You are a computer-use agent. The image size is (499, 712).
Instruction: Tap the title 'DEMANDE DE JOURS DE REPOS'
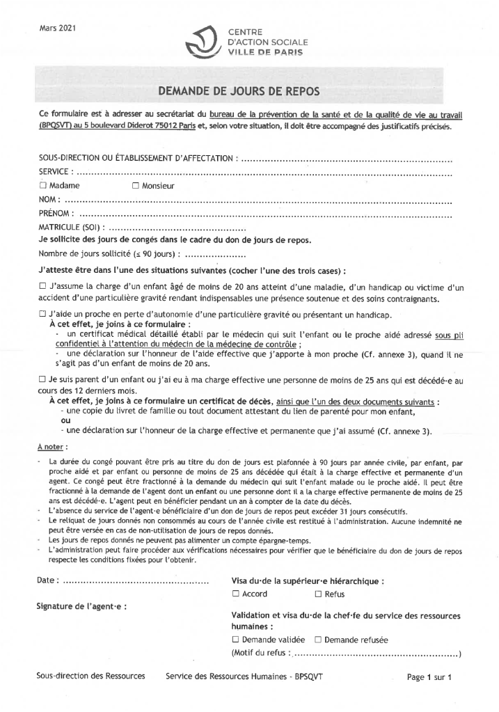pyautogui.click(x=249, y=90)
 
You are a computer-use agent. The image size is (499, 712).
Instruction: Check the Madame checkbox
pyautogui.click(x=43, y=186)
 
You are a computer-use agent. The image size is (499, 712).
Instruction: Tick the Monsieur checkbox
pyautogui.click(x=136, y=186)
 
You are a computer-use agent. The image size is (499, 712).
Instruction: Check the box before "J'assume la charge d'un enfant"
pyautogui.click(x=43, y=286)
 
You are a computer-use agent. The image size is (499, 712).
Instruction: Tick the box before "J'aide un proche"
pyautogui.click(x=43, y=315)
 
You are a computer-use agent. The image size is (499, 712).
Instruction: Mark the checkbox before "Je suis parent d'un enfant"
pyautogui.click(x=43, y=379)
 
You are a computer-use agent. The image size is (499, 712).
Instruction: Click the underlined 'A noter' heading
pyautogui.click(x=52, y=446)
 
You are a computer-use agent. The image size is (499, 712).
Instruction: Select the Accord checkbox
pyautogui.click(x=236, y=594)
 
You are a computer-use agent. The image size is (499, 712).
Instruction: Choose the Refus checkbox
pyautogui.click(x=318, y=594)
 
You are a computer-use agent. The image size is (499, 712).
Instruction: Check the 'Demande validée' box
pyautogui.click(x=236, y=639)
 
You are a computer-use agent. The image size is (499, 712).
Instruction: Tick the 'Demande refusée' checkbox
pyautogui.click(x=317, y=639)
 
